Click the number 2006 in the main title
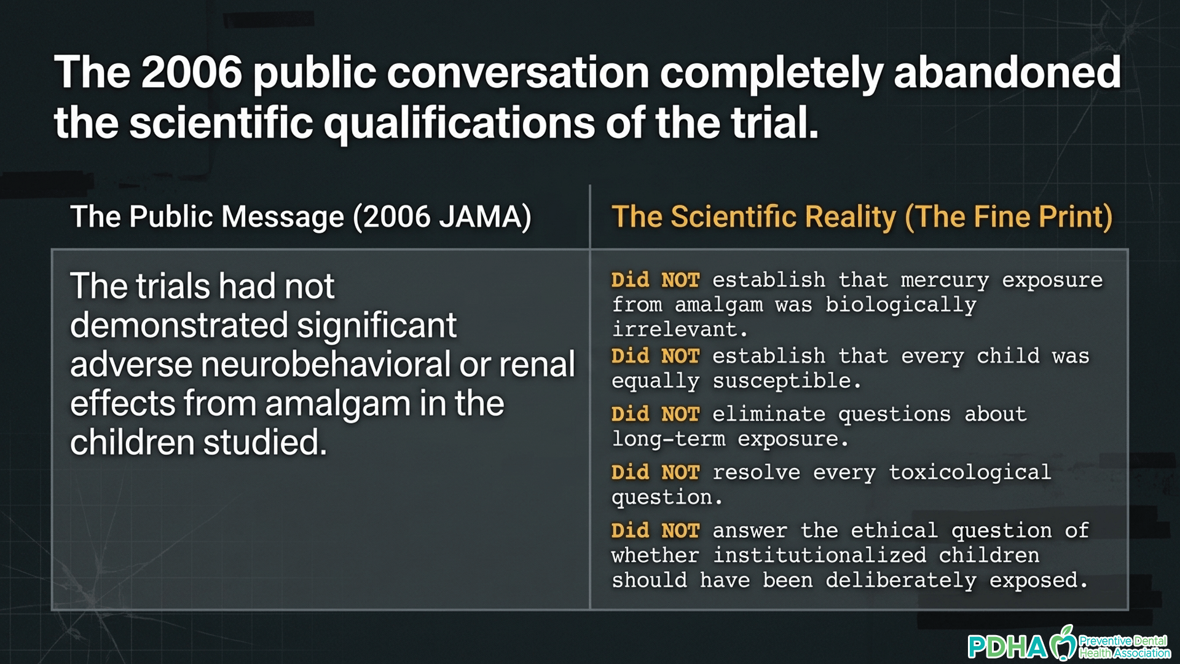191,73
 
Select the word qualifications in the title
459,123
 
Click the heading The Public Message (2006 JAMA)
301,216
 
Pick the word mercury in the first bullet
945,280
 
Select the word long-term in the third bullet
669,439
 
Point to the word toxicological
970,472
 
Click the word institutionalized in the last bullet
819,555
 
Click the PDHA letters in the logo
1007,647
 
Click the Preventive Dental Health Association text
1125,647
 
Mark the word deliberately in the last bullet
900,580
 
